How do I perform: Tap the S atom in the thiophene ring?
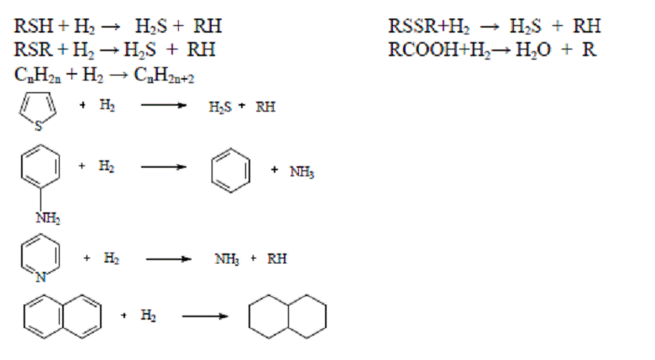pyautogui.click(x=39, y=126)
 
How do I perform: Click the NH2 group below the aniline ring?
pyautogui.click(x=48, y=217)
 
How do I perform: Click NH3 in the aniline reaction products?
pyautogui.click(x=301, y=171)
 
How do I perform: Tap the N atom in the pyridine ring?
pyautogui.click(x=40, y=277)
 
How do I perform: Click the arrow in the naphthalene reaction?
pyautogui.click(x=205, y=316)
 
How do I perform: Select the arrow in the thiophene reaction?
pyautogui.click(x=164, y=105)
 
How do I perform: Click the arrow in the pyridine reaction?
pyautogui.click(x=168, y=259)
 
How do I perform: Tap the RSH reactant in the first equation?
pyautogui.click(x=34, y=26)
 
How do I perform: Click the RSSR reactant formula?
pyautogui.click(x=412, y=26)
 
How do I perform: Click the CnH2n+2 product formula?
pyautogui.click(x=164, y=76)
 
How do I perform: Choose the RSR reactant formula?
pyautogui.click(x=33, y=50)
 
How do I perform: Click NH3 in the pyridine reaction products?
pyautogui.click(x=227, y=259)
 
